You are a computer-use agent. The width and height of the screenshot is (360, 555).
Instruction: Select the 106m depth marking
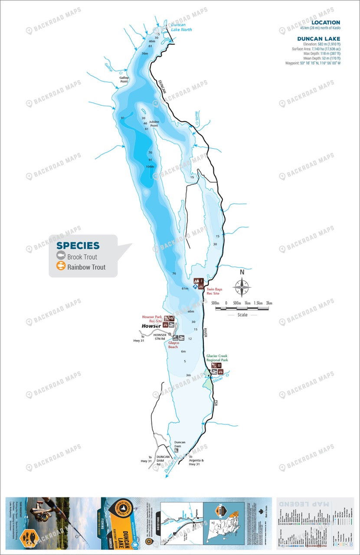[150, 166]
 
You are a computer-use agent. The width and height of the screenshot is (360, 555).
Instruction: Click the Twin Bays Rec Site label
[213, 291]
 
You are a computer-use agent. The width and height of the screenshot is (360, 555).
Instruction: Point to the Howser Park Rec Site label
[152, 319]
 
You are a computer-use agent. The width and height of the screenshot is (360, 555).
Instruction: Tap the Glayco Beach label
[174, 345]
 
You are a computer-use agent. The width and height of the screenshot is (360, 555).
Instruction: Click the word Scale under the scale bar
[242, 315]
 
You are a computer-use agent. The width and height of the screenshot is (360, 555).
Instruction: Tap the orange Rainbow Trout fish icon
[61, 267]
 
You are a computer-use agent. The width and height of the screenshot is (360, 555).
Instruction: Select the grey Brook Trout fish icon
[61, 257]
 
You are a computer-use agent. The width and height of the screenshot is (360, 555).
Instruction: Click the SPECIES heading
[78, 246]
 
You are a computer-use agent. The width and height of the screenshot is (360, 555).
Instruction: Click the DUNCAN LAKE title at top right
[318, 39]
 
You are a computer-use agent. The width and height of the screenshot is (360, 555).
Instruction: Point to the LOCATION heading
[326, 23]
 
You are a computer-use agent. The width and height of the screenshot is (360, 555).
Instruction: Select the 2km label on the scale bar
[269, 303]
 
